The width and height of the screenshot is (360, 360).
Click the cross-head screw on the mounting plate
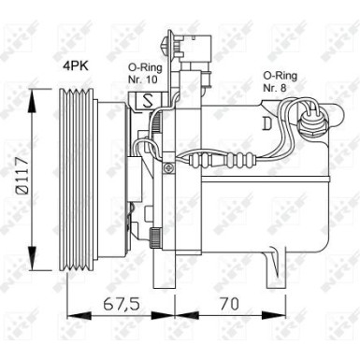pyautogui.click(x=167, y=167)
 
